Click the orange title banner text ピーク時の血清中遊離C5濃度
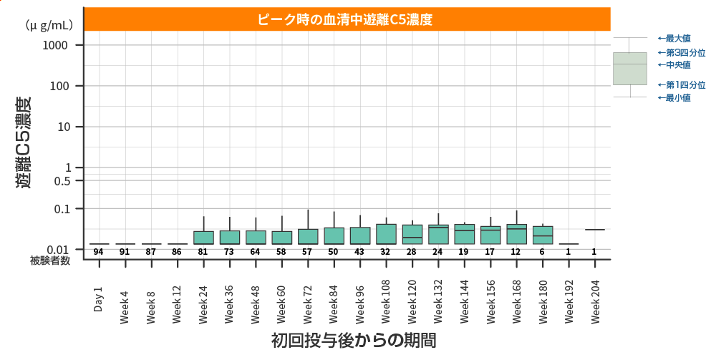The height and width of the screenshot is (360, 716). click(347, 19)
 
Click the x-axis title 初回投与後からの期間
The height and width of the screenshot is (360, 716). click(354, 340)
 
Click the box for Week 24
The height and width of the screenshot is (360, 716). click(203, 238)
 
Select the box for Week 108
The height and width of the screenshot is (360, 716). click(386, 234)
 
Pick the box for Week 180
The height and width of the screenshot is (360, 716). click(543, 235)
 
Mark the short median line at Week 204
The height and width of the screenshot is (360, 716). click(594, 230)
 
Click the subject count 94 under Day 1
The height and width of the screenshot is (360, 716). click(99, 251)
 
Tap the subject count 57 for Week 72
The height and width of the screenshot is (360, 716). click(307, 251)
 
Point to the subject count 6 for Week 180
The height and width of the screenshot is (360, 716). click(542, 251)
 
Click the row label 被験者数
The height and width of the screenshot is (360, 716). click(50, 261)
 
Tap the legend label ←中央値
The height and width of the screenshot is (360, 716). click(674, 64)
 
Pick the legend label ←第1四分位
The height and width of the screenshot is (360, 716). click(681, 84)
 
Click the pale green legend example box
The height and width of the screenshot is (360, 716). click(629, 69)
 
